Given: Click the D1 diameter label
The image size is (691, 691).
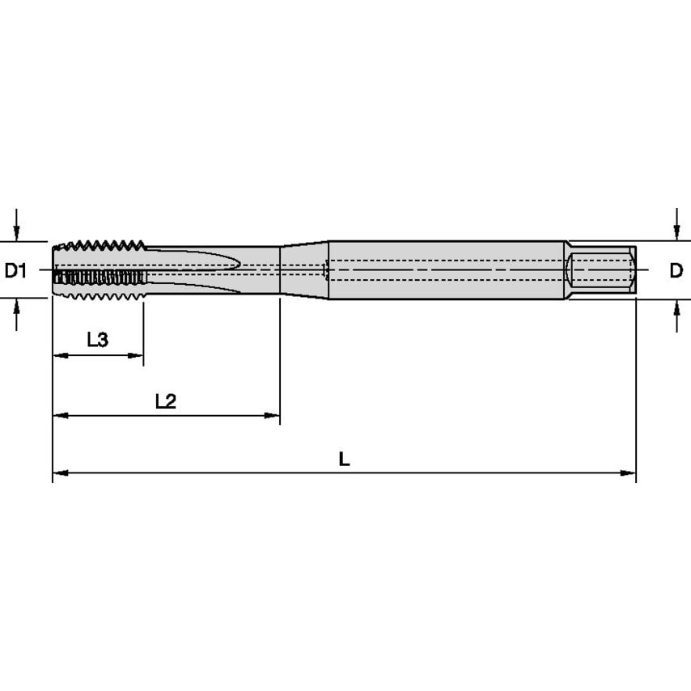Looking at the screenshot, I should (16, 270).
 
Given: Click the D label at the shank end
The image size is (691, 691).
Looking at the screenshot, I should (676, 270).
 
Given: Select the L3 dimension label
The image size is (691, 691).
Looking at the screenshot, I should (97, 340).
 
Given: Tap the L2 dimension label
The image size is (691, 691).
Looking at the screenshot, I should (165, 401).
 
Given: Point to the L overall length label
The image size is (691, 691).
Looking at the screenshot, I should (344, 460).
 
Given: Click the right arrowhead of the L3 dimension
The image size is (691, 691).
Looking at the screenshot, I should (137, 355).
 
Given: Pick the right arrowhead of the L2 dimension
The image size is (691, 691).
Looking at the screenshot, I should (273, 416).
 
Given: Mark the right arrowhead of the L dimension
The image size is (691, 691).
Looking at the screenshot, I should (629, 473).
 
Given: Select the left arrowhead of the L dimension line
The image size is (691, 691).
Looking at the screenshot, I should (60, 473).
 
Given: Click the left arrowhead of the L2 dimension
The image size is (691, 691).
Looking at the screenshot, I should (60, 416).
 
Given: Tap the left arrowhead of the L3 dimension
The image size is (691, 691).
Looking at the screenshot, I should (60, 355).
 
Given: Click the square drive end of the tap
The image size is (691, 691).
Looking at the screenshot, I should (601, 269).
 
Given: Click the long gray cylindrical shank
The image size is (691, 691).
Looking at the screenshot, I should (445, 269).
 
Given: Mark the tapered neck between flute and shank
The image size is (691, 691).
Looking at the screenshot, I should (303, 269).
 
